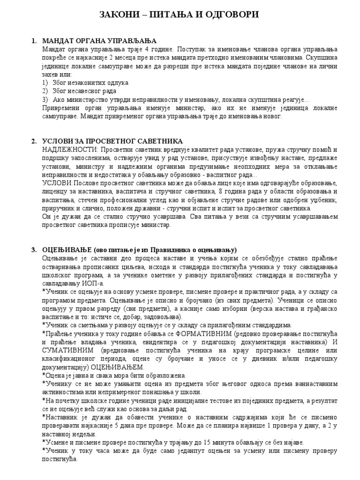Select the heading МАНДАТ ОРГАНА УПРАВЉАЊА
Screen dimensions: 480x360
point(99,41)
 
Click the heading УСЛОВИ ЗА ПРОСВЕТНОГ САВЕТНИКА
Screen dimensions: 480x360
point(112,141)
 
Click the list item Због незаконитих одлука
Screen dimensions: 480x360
point(88,82)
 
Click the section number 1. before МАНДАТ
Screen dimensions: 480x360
point(34,41)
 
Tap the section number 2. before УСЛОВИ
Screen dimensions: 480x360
point(34,141)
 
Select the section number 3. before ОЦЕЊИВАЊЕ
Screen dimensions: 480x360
point(34,249)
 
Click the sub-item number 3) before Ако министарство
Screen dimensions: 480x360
point(45,99)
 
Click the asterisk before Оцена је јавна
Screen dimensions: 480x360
point(44,375)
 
